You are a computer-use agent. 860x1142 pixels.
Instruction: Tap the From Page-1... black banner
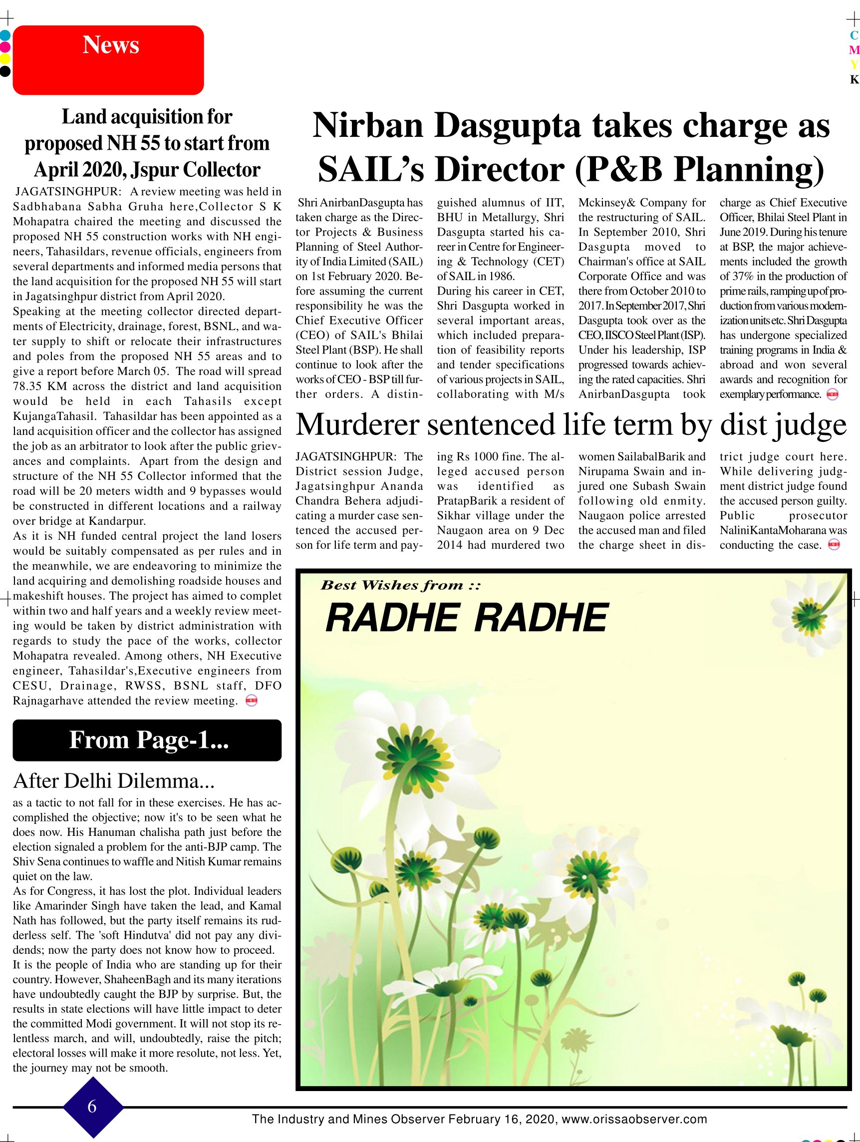pos(147,740)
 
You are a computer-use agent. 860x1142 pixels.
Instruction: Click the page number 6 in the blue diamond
pos(92,1107)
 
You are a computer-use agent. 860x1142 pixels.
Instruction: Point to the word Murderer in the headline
pos(357,425)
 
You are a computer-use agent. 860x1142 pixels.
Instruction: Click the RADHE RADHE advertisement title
pos(467,618)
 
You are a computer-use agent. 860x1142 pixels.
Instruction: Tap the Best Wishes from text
pos(401,585)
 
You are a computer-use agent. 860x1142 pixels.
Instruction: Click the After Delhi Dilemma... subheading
pos(114,781)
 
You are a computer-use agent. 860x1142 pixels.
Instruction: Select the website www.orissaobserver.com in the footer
pos(634,1119)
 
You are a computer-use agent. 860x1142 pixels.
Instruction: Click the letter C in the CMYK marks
pos(854,35)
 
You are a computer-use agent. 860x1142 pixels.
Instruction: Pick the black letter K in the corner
pos(854,79)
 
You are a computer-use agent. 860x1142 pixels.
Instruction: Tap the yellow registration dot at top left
pos(4,59)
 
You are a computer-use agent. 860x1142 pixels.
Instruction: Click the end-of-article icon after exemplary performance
pos(832,395)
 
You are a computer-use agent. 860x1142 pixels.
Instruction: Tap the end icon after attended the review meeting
pos(252,701)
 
